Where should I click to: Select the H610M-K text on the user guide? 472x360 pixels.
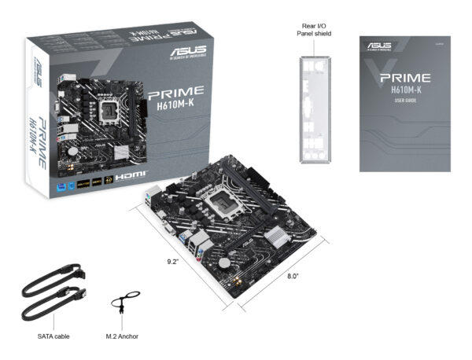pos(404,90)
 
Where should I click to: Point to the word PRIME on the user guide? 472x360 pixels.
pos(404,78)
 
